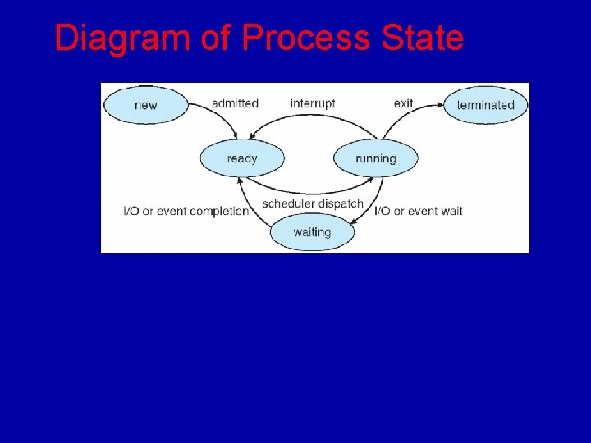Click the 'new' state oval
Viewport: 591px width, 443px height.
[146, 105]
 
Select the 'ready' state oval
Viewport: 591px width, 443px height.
[242, 158]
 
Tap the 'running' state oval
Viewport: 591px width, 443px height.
[375, 158]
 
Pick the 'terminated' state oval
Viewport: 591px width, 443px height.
[485, 105]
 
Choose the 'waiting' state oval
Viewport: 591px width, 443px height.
[312, 232]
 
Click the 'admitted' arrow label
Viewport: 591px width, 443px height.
[235, 103]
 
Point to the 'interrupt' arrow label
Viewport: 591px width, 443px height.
[313, 103]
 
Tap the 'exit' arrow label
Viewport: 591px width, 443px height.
[403, 103]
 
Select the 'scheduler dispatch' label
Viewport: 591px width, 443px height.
[312, 203]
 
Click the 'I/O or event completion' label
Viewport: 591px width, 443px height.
[186, 211]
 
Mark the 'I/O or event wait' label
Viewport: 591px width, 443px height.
[419, 211]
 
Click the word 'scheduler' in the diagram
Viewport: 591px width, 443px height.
[288, 203]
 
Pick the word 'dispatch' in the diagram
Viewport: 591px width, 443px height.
[340, 203]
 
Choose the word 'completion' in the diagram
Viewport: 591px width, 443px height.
[219, 211]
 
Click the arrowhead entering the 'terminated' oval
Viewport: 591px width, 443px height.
[442, 106]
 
